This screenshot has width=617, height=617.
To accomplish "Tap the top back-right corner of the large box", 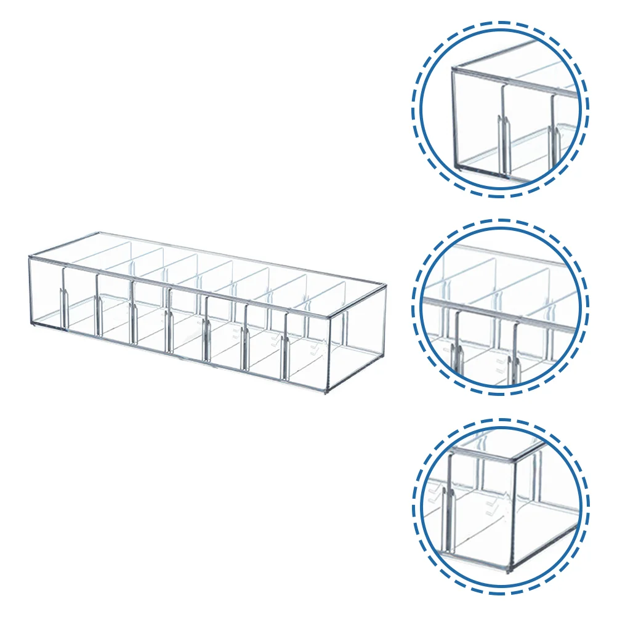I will click(386, 284).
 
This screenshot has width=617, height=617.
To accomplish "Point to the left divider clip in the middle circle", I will click(457, 357).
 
